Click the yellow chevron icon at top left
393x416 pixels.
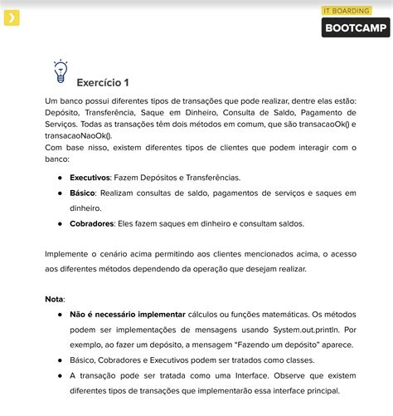[x=12, y=17]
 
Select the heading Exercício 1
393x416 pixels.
[x=102, y=82]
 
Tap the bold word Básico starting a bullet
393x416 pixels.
[x=83, y=193]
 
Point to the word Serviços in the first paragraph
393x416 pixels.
[x=65, y=124]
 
